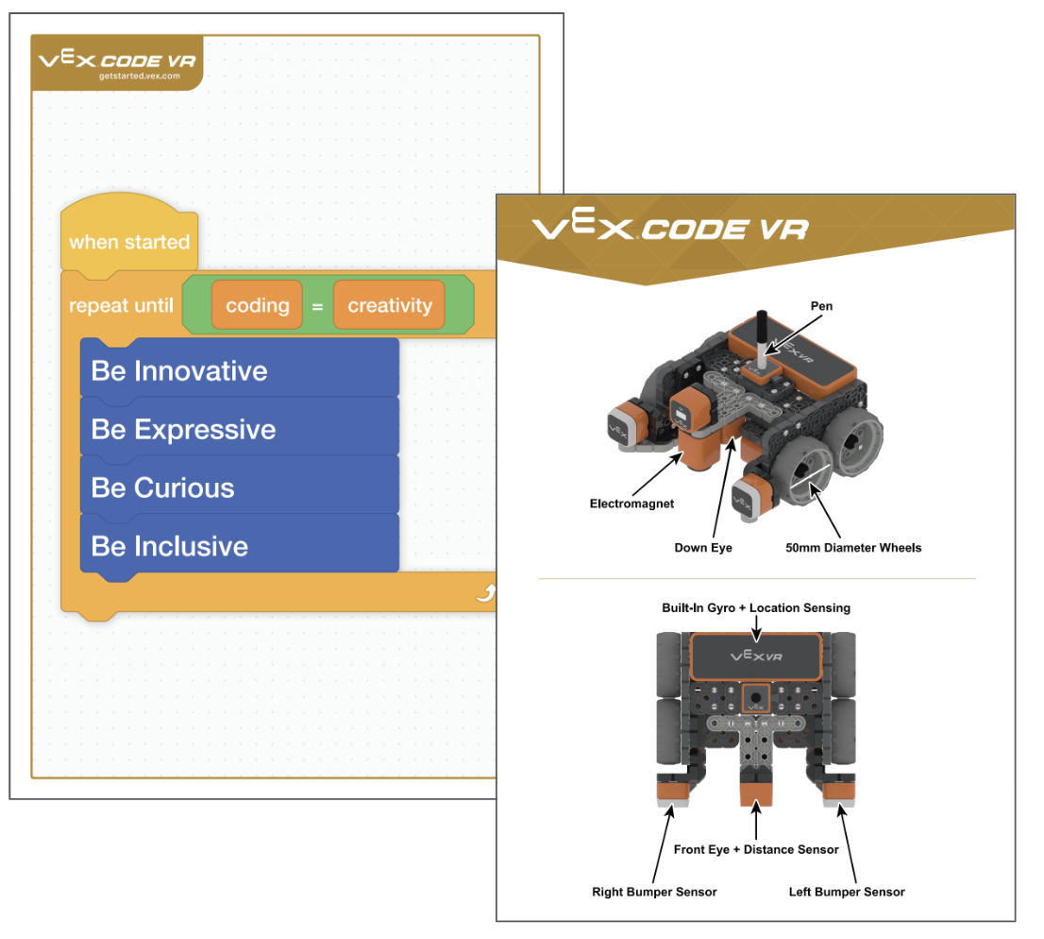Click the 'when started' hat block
[129, 242]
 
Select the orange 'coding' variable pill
[257, 305]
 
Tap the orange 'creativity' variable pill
[389, 305]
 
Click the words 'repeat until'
[121, 306]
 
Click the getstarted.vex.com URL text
[139, 76]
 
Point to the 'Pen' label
[822, 306]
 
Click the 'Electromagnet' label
[631, 504]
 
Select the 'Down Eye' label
[703, 547]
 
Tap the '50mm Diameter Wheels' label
[853, 547]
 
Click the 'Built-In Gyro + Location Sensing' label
[755, 607]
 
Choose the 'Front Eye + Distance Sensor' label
[756, 849]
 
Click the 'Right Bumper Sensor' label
[654, 892]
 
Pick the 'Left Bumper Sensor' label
[847, 892]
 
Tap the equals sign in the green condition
[318, 306]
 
